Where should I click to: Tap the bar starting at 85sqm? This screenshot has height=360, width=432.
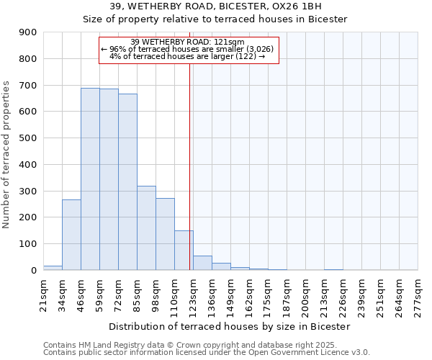[x=146, y=228]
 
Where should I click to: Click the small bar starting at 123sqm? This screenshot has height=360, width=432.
[x=202, y=263]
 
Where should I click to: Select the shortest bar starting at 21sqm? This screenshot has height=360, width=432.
[x=53, y=268]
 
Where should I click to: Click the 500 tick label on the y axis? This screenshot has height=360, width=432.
[x=28, y=138]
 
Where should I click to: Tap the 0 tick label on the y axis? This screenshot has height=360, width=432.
[x=33, y=271]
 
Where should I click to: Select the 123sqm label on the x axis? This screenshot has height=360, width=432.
[x=193, y=294]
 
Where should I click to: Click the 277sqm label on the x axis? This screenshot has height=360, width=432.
[x=418, y=294]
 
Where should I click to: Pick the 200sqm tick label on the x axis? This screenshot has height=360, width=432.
[x=305, y=294]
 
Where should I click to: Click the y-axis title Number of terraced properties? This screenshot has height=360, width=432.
[x=7, y=155]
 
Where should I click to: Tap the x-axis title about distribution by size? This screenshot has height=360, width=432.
[x=230, y=326]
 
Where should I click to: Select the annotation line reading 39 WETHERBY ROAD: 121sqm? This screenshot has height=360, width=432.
[x=188, y=42]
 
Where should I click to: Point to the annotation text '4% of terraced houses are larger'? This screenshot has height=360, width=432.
[x=188, y=56]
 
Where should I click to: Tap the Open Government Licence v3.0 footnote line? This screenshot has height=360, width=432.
[x=207, y=353]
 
